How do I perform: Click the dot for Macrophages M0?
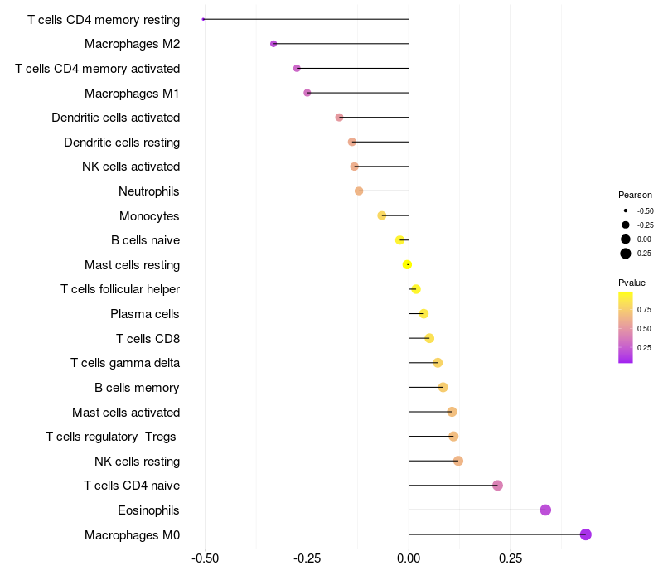[586, 534]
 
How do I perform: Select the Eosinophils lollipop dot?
[545, 510]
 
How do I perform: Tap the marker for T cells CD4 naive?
[497, 486]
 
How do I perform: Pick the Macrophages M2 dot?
[273, 44]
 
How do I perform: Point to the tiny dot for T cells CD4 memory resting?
[203, 19]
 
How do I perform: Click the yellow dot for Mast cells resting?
[407, 264]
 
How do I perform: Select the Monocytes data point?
[382, 215]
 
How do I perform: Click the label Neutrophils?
[149, 191]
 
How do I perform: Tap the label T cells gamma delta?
[125, 363]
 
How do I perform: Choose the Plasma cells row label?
[145, 314]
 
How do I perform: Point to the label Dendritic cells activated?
[115, 118]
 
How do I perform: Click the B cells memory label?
[137, 388]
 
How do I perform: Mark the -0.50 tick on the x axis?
[205, 558]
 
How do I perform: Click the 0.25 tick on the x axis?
[511, 558]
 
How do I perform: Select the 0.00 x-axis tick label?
[409, 558]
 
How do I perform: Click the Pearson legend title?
[635, 195]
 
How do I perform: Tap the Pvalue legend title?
[632, 283]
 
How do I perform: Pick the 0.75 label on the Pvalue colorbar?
[644, 310]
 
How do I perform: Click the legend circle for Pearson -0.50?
[626, 211]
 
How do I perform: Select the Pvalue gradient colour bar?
[626, 327]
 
